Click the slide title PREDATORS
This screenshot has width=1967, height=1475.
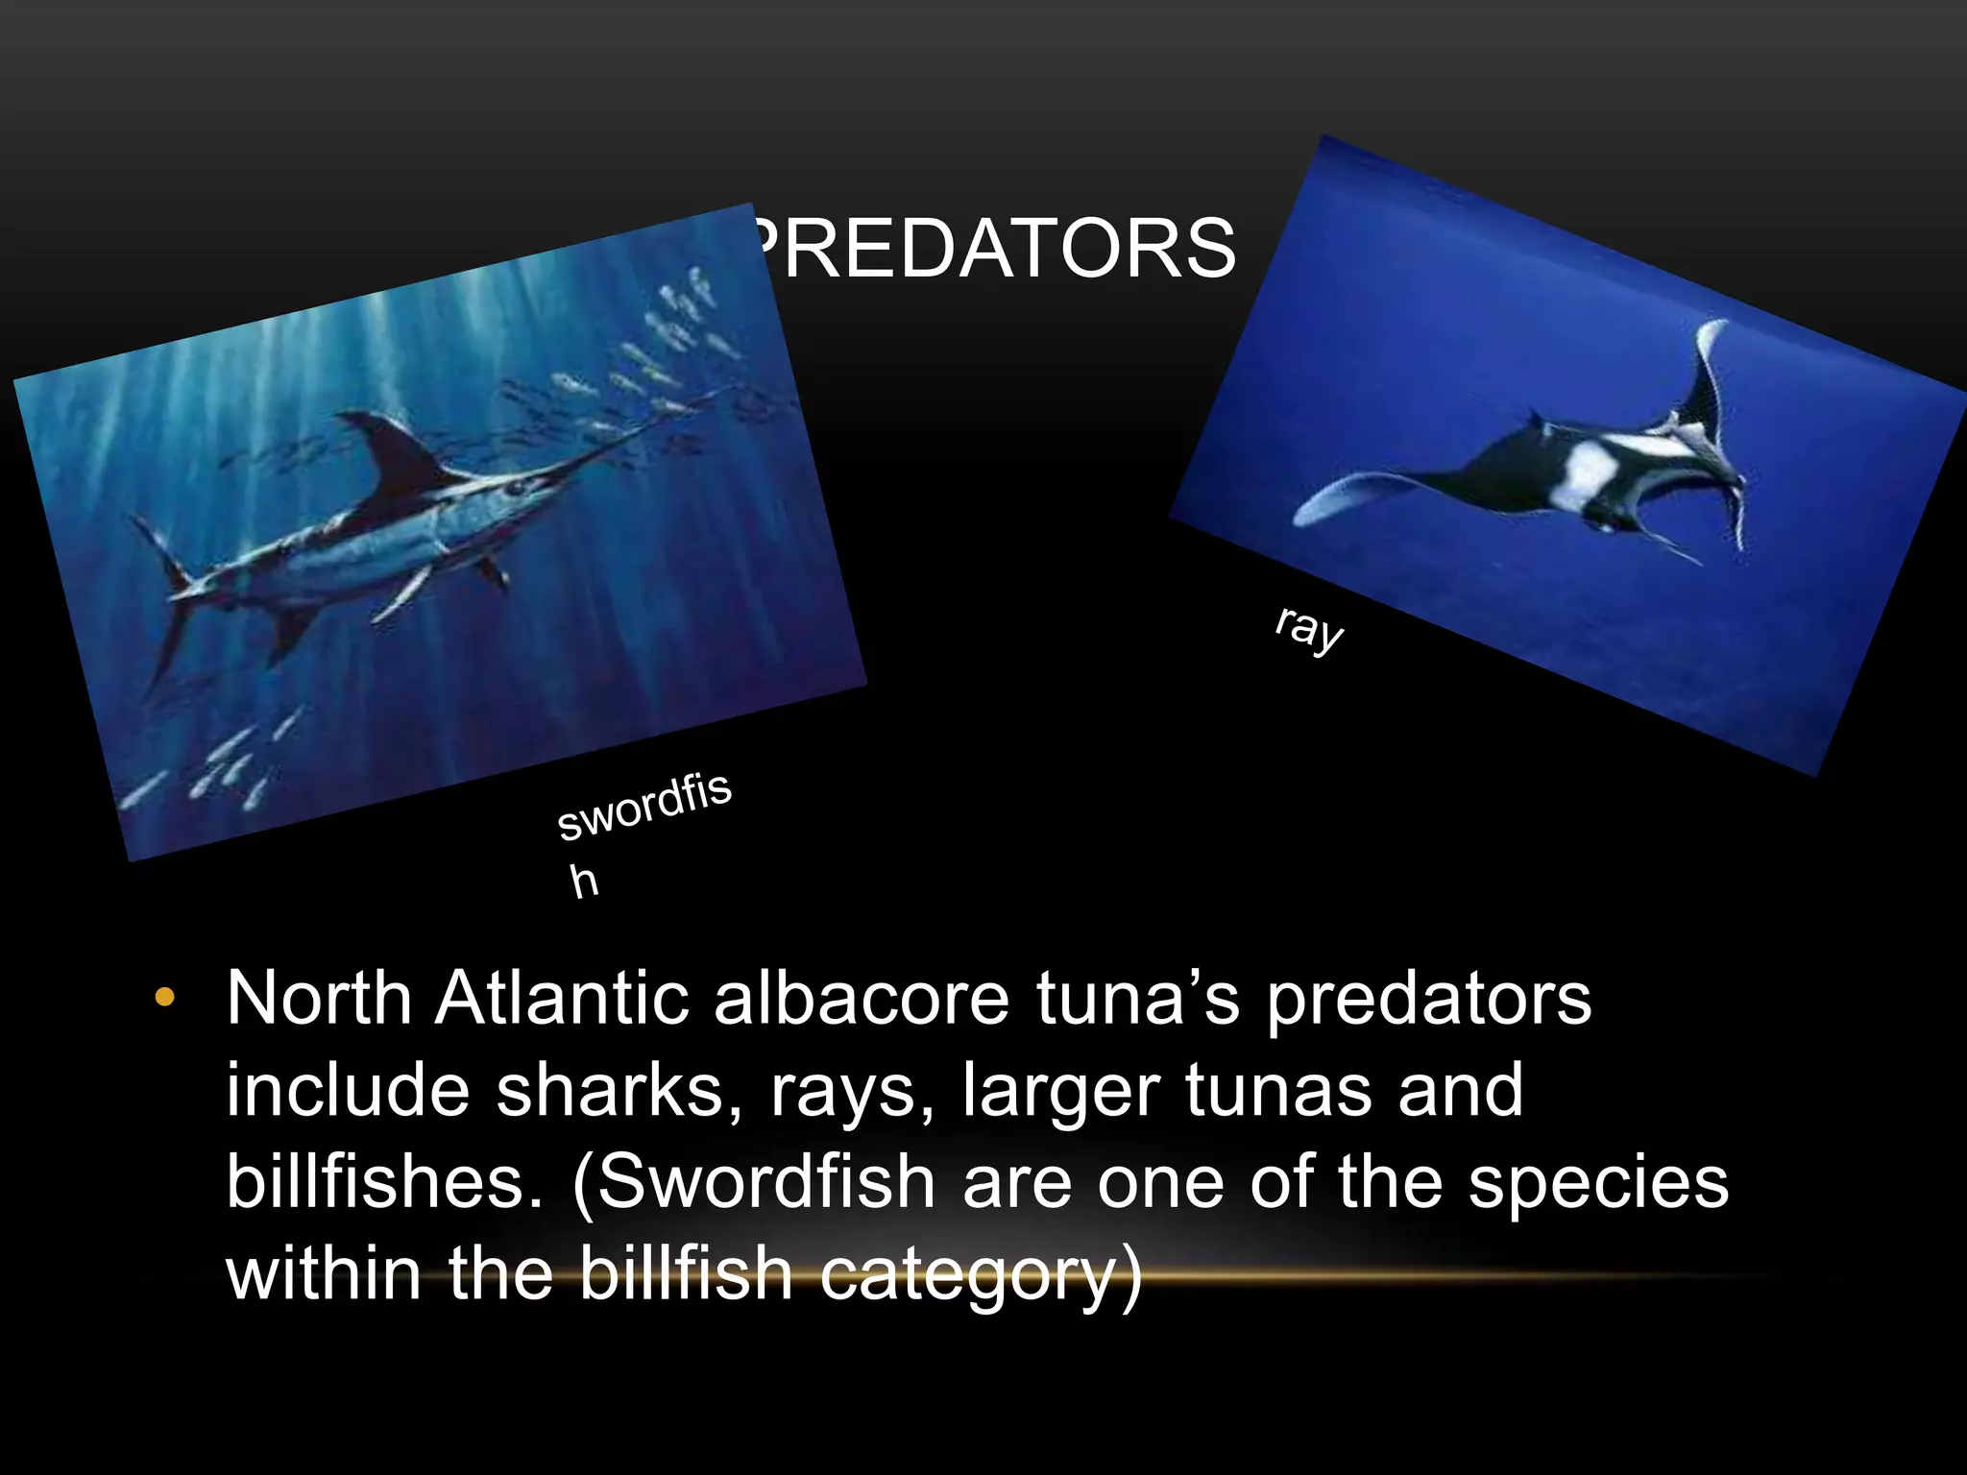(x=994, y=248)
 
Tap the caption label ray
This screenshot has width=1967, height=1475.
(x=1308, y=629)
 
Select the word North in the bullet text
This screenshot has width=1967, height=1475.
(x=320, y=1000)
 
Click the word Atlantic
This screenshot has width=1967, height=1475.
(x=562, y=1000)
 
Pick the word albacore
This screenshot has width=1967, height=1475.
(x=861, y=1000)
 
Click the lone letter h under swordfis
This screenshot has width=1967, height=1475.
(x=584, y=882)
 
